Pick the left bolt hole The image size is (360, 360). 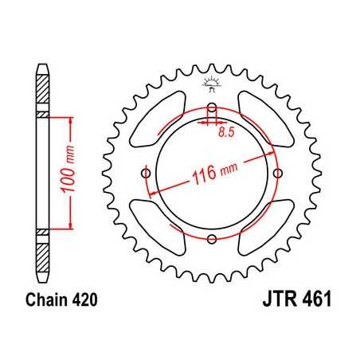coord(145,173)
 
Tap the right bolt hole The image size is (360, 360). coord(277,173)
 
